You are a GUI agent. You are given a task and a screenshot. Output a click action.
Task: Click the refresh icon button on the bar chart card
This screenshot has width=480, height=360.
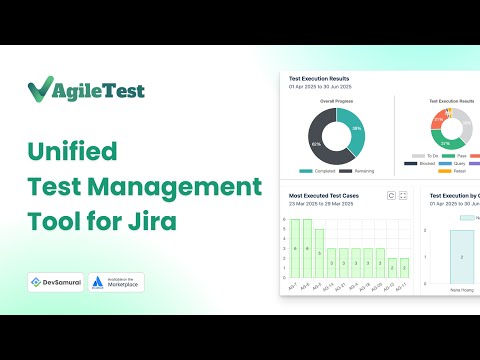(x=391, y=196)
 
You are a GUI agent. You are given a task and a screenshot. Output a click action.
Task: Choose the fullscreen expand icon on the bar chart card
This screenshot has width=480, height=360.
(x=403, y=196)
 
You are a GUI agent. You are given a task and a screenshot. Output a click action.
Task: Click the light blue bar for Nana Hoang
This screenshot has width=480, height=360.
(x=462, y=256)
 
